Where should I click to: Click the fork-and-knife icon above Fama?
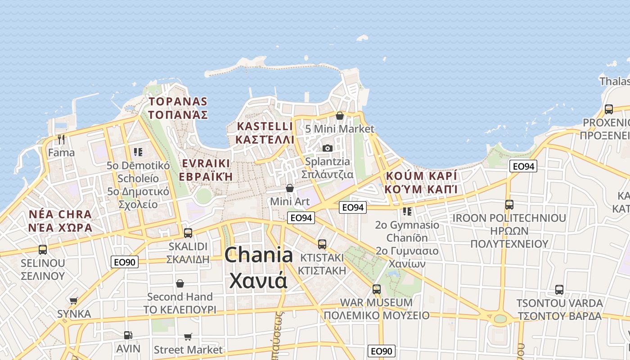(x=61, y=139)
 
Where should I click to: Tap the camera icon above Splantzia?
(x=327, y=148)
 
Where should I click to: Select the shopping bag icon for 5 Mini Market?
(x=340, y=116)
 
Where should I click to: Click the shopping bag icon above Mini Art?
(x=290, y=188)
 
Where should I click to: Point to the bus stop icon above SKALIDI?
(x=188, y=233)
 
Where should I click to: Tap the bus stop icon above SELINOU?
(x=43, y=249)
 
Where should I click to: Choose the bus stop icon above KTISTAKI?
(x=322, y=244)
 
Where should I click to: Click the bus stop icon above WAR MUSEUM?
(x=377, y=289)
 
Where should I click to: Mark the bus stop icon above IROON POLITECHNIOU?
(x=509, y=205)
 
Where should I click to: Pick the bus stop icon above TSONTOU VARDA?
(x=559, y=290)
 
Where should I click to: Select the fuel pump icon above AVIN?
(x=128, y=335)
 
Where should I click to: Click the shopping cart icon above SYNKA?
(x=74, y=301)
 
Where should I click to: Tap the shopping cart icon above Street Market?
(x=188, y=337)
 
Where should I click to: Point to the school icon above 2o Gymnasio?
(x=407, y=211)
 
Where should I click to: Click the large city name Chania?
(x=259, y=255)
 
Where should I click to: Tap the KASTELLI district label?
(x=265, y=126)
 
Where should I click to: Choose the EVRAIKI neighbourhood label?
(x=206, y=163)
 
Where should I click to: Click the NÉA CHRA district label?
(x=60, y=214)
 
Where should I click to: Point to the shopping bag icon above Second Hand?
(x=180, y=283)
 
